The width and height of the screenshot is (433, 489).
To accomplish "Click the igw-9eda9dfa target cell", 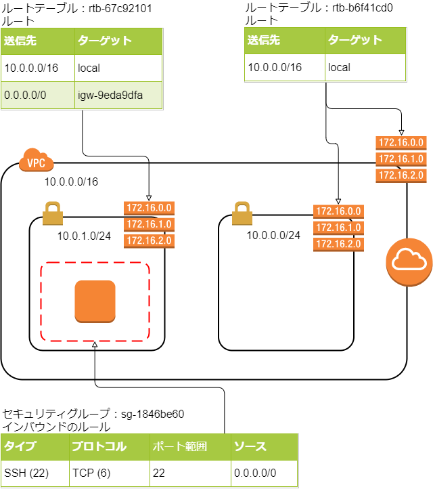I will (x=118, y=95).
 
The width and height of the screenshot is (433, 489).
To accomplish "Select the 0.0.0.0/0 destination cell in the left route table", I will (x=38, y=95).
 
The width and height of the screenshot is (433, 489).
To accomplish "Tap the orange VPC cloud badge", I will (x=32, y=162).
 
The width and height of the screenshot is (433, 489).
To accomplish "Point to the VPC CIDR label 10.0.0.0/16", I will (x=71, y=182).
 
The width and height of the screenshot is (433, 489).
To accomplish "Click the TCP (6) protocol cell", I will (x=108, y=473).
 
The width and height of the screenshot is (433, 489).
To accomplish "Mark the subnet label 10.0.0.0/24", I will (x=273, y=236).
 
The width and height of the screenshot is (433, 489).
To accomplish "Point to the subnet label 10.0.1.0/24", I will (x=84, y=236).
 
